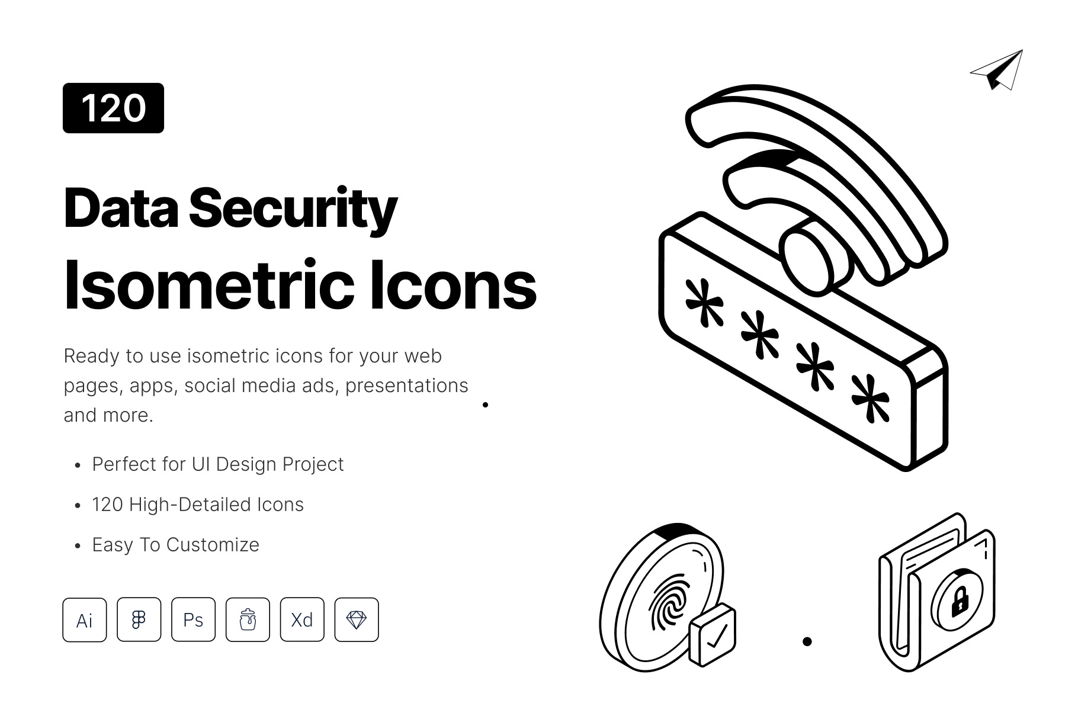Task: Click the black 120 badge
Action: coord(113,108)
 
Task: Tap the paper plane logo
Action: coord(998,70)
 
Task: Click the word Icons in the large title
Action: coord(453,285)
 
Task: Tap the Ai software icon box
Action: coord(85,620)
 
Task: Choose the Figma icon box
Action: coord(139,620)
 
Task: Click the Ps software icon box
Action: coord(193,620)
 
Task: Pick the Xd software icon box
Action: coord(302,620)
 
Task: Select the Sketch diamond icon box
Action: coord(357,620)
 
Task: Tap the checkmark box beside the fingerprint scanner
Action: coord(713,635)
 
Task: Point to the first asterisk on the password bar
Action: coord(704,302)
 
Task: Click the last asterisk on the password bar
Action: coord(870,398)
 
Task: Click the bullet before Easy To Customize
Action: coord(78,547)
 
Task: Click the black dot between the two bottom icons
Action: coord(807,641)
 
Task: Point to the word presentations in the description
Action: coord(406,386)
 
